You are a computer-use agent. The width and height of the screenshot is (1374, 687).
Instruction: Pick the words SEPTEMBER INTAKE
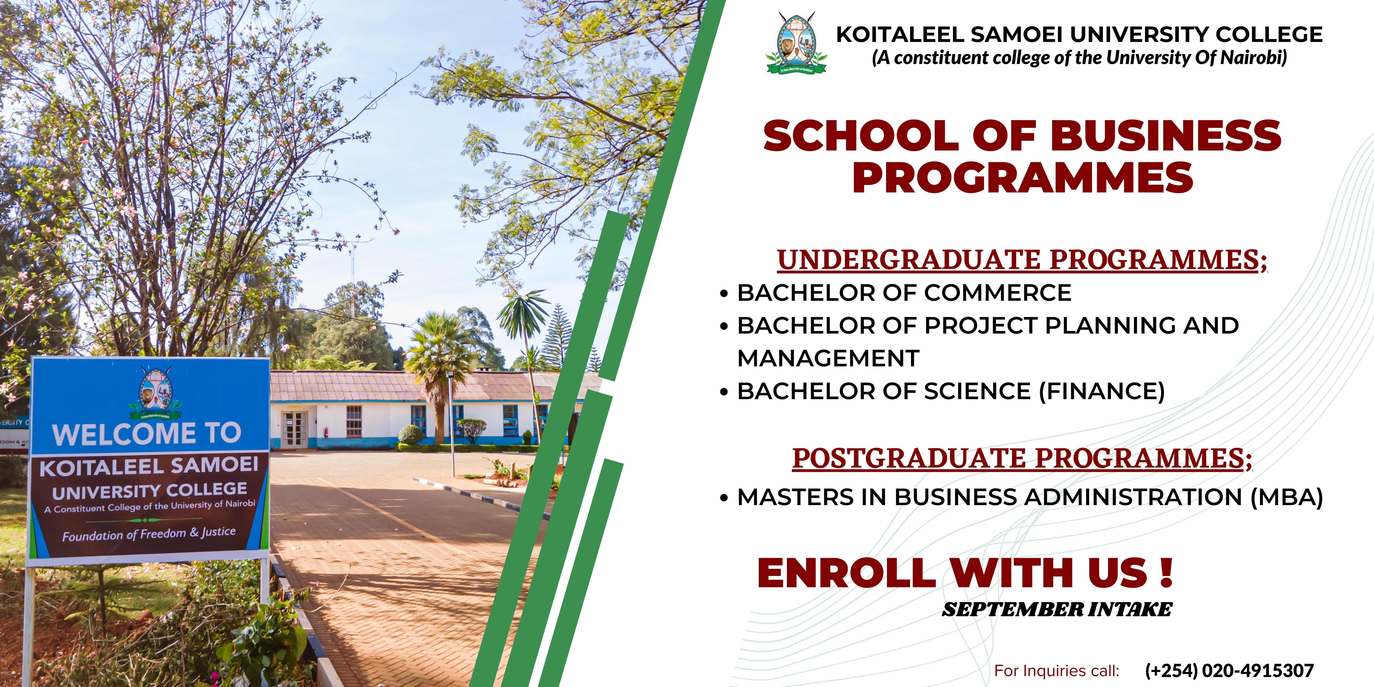pos(1057,609)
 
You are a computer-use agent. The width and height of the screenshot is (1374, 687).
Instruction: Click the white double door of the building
pos(294,429)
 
